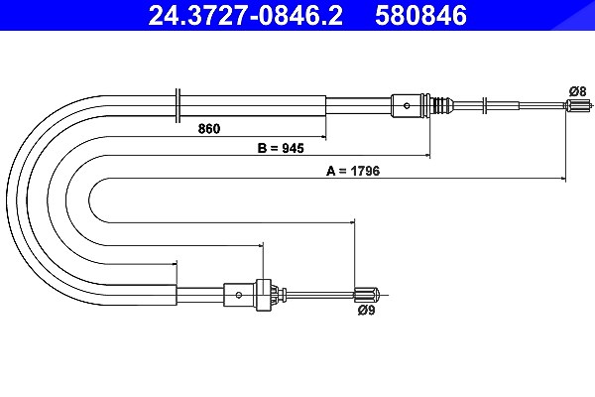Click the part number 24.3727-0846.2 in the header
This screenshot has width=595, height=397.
[245, 15]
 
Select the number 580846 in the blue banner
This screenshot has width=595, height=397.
[420, 15]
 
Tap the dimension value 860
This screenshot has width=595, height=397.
[208, 129]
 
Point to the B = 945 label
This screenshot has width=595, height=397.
[281, 148]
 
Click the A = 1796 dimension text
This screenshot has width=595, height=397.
[353, 171]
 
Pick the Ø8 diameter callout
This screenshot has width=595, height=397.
[577, 91]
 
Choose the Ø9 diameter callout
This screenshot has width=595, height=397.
[366, 310]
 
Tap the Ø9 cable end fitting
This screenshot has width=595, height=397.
[367, 295]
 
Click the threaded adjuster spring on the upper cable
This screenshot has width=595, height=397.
[440, 105]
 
